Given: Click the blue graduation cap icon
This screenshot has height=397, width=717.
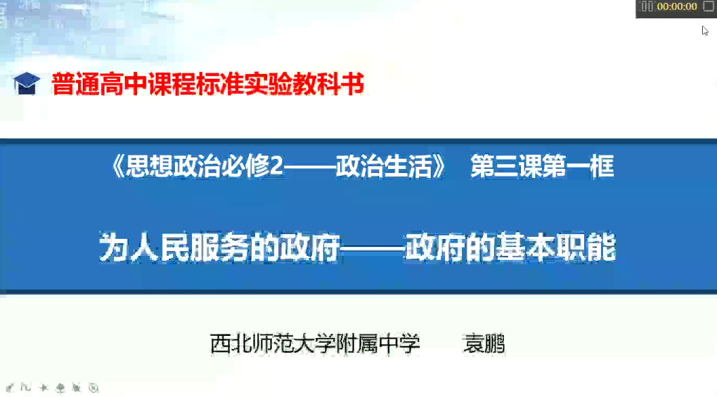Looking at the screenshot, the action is [26, 83].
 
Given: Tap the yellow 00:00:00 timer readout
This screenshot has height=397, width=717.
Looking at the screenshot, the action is [677, 6].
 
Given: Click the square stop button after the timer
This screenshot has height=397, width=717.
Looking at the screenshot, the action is [709, 6].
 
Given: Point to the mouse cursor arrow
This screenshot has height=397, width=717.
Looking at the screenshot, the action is [705, 31].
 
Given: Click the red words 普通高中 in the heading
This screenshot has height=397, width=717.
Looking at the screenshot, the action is [99, 84].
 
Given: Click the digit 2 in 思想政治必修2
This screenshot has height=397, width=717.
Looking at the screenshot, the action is [277, 166].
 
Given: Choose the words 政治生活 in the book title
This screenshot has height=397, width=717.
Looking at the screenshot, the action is [383, 166].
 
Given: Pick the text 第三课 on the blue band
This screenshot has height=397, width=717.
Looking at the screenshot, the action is [506, 166].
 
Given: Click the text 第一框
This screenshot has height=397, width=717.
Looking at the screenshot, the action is [578, 166].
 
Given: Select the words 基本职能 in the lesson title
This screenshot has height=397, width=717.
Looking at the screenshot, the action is [556, 248].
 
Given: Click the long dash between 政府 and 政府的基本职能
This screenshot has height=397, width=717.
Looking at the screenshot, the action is [372, 249].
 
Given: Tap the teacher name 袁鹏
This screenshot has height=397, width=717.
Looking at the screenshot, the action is [484, 344].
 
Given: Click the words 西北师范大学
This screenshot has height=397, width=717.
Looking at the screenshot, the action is [273, 344].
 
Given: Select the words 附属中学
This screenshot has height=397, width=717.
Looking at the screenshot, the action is [378, 344].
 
